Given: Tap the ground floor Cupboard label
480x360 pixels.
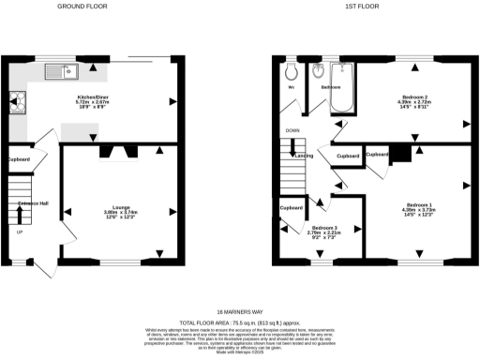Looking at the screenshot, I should pos(19,159).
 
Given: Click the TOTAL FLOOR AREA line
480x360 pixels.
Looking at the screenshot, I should pos(240,322).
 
